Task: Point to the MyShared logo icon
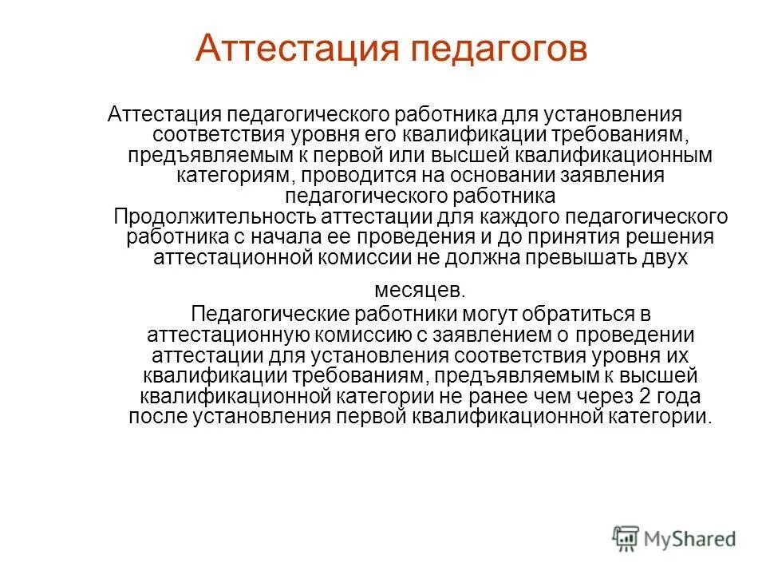point(626,539)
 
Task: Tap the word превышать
point(572,257)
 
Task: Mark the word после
point(156,416)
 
